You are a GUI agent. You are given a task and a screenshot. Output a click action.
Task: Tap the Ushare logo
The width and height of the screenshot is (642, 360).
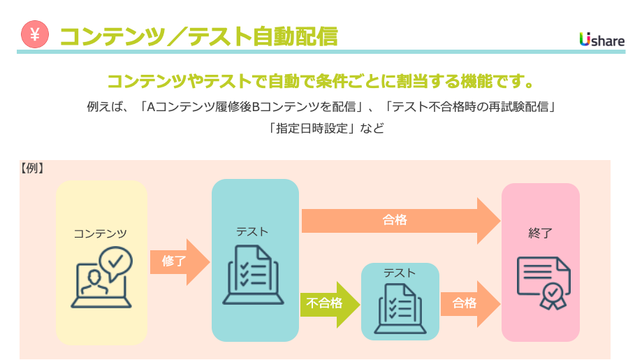(x=601, y=40)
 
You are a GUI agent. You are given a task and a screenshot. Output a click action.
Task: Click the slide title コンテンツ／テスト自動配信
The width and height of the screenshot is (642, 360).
(x=198, y=36)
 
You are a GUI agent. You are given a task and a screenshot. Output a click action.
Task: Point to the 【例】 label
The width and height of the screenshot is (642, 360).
(x=32, y=168)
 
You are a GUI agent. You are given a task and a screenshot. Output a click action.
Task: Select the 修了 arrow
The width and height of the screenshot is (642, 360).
(x=179, y=261)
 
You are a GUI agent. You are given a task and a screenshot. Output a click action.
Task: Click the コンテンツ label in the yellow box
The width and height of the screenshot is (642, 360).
(x=101, y=233)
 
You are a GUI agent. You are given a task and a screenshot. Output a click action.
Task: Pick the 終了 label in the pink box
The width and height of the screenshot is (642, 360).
(x=540, y=233)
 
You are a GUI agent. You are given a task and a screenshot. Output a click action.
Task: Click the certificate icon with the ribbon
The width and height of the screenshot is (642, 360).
(x=543, y=282)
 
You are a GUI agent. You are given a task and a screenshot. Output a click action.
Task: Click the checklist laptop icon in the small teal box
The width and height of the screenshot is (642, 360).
(x=400, y=309)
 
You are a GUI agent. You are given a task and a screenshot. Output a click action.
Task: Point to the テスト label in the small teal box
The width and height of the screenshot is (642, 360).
(x=399, y=273)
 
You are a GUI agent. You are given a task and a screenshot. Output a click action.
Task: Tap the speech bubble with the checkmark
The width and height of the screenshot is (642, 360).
(x=115, y=262)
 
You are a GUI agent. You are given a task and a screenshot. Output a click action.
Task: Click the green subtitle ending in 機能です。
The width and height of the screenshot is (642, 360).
(x=321, y=81)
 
